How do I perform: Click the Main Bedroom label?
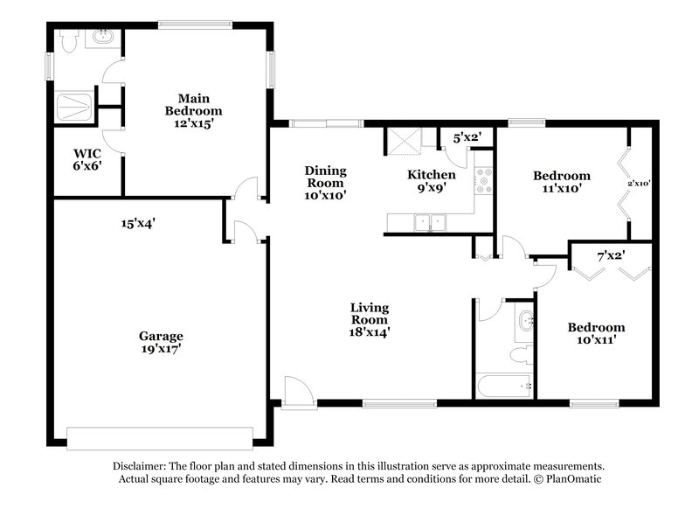tap(194, 105)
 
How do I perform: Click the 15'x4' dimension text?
tap(138, 223)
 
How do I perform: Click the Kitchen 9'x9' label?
tap(432, 181)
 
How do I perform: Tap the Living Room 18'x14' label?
tap(370, 319)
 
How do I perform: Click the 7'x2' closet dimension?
tap(610, 255)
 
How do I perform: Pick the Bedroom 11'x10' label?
tap(562, 181)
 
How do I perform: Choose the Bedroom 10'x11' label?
tap(596, 334)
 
